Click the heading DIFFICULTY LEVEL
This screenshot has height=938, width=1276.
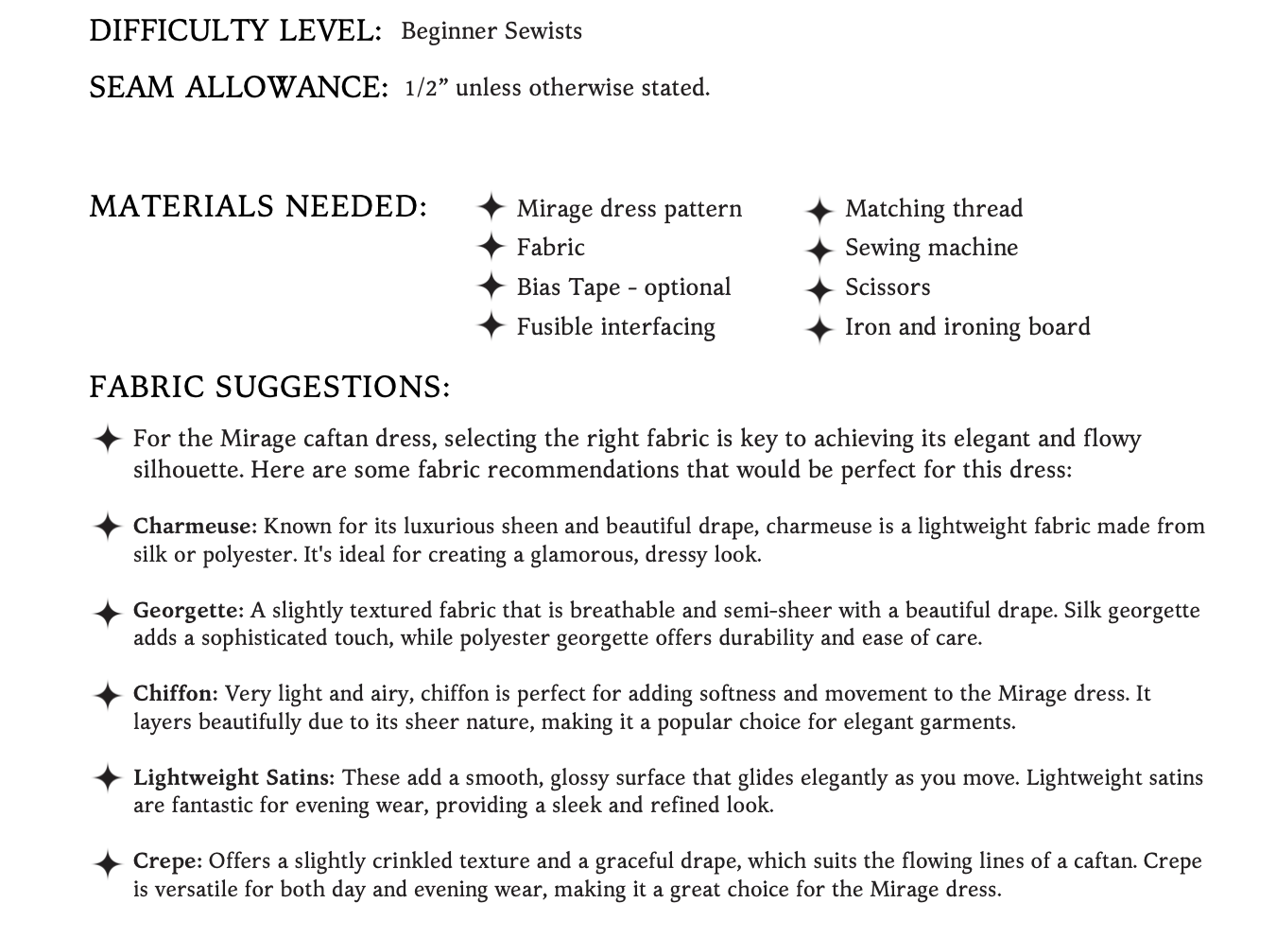pyautogui.click(x=234, y=31)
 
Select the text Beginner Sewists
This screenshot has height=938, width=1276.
pyautogui.click(x=491, y=31)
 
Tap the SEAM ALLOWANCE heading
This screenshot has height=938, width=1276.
pyautogui.click(x=238, y=88)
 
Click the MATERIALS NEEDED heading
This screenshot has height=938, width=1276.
pyautogui.click(x=258, y=206)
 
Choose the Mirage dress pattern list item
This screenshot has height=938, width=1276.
pyautogui.click(x=629, y=209)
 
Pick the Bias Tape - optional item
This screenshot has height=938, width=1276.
pyautogui.click(x=623, y=287)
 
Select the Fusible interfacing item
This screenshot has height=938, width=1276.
pyautogui.click(x=615, y=327)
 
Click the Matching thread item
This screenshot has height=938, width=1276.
pyautogui.click(x=933, y=209)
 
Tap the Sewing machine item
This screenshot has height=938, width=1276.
pyautogui.click(x=931, y=248)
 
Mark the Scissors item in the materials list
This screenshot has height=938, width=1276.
pyautogui.click(x=887, y=287)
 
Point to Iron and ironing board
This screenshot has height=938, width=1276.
pyautogui.click(x=967, y=327)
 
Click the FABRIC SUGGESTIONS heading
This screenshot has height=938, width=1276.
pyautogui.click(x=269, y=387)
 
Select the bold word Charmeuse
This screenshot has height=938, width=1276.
pyautogui.click(x=194, y=526)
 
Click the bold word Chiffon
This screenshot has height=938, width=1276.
pyautogui.click(x=175, y=694)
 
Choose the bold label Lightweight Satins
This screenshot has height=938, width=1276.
pyautogui.click(x=233, y=778)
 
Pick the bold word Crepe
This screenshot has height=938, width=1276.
pyautogui.click(x=167, y=861)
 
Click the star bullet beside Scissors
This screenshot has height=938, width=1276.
pyautogui.click(x=819, y=288)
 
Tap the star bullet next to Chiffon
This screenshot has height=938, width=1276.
pyautogui.click(x=108, y=696)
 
